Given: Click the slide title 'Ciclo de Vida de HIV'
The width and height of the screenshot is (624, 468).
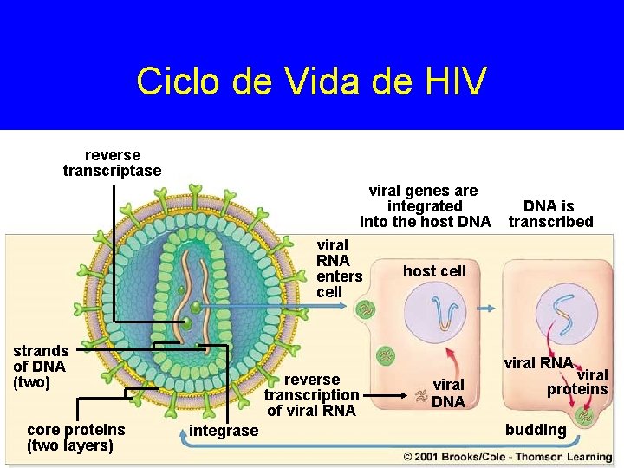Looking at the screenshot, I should pyautogui.click(x=311, y=81).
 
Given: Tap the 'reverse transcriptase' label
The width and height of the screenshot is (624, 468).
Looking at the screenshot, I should pyautogui.click(x=112, y=163).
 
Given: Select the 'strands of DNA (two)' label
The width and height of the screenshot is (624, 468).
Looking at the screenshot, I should pyautogui.click(x=41, y=366).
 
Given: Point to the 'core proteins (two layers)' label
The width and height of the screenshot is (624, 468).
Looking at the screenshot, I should pyautogui.click(x=75, y=438).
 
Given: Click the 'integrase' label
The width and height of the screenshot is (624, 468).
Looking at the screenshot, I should pyautogui.click(x=224, y=431).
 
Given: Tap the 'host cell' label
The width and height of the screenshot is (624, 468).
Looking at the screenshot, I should pyautogui.click(x=434, y=271).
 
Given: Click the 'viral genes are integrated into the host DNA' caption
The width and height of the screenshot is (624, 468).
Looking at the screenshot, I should pyautogui.click(x=425, y=206).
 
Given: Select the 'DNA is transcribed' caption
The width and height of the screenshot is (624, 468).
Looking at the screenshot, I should pyautogui.click(x=550, y=214).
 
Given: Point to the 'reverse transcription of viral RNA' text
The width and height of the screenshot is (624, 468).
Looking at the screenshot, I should pyautogui.click(x=312, y=395).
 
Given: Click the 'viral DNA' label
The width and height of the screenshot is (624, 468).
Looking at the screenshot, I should pyautogui.click(x=448, y=393).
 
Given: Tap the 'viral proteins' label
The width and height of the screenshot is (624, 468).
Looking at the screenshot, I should pyautogui.click(x=579, y=382).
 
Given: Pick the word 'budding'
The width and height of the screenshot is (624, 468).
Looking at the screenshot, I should pyautogui.click(x=536, y=430).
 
